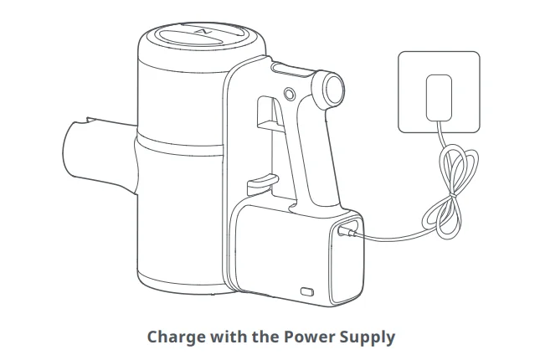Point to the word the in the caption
coord(265,337)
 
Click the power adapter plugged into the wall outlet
coord(439,98)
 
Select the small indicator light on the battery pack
coord(307,292)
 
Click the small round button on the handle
coord(290,94)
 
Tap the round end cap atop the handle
coord(333,89)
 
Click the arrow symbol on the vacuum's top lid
coord(203,32)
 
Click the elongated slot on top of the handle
coord(292,70)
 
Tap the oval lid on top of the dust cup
coord(203,33)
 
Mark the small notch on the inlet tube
coord(92,121)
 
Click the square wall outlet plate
coord(439,92)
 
